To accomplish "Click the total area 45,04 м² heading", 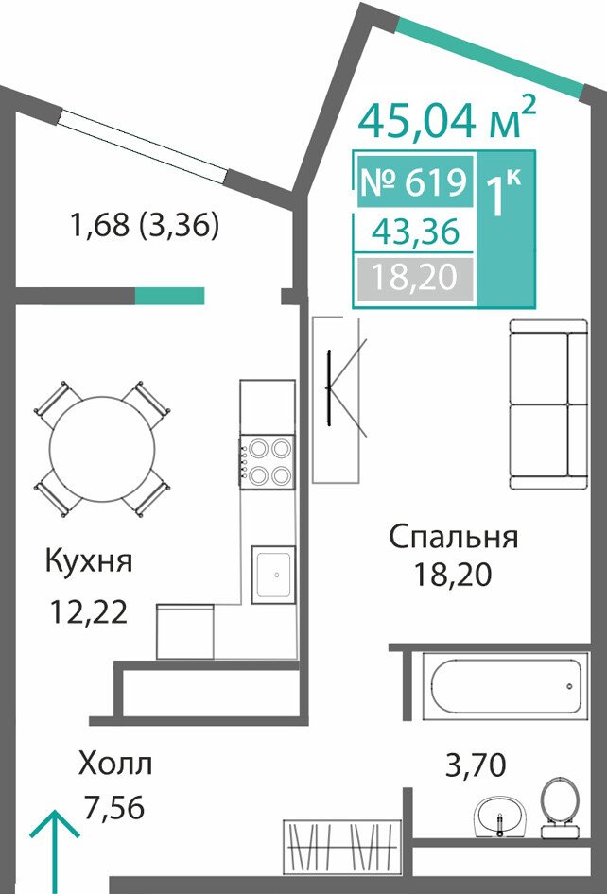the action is [447, 118].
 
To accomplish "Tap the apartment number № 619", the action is [415, 181].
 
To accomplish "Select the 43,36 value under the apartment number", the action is [415, 232].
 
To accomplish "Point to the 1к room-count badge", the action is [505, 194].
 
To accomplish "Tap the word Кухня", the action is [89, 561].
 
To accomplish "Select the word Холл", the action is [116, 764].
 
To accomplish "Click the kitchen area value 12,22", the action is [89, 612].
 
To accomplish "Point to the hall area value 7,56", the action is [113, 807].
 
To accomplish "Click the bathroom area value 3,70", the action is [476, 765].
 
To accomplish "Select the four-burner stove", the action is [267, 462].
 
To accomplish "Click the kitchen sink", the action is [273, 575].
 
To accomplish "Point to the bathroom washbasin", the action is [500, 817].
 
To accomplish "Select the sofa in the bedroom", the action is [548, 404].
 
